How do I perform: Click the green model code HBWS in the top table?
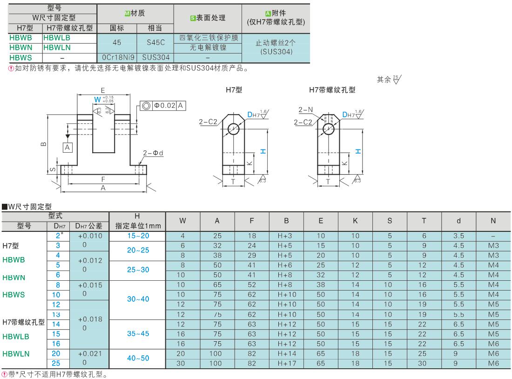(20, 58)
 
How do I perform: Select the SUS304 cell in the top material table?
(156, 58)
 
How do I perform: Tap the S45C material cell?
(156, 42)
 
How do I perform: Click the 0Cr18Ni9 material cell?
(118, 58)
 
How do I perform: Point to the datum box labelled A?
(67, 147)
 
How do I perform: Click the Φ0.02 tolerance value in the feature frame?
(165, 106)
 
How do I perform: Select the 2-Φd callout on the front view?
(153, 153)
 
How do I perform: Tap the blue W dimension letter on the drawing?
(97, 100)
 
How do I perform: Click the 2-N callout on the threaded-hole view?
(306, 110)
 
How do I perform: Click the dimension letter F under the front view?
(103, 179)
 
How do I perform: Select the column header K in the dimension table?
(355, 221)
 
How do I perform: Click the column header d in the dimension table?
(458, 221)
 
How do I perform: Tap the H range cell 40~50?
(138, 358)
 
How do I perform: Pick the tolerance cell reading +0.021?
(90, 353)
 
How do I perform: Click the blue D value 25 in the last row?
(56, 363)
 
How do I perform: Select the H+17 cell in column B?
(286, 363)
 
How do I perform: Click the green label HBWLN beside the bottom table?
(16, 354)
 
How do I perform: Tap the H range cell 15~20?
(138, 236)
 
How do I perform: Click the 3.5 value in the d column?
(458, 236)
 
